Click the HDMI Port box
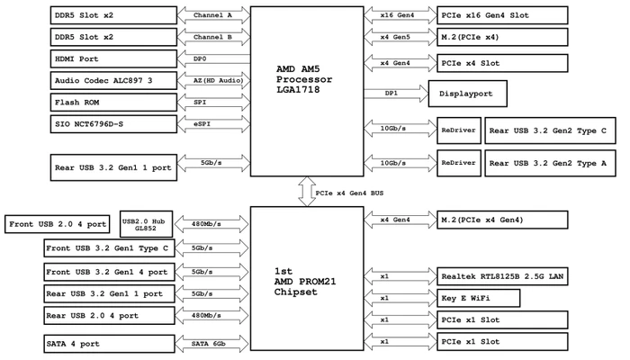point(113,58)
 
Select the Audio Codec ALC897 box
point(113,80)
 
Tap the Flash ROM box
point(113,103)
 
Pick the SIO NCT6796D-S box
point(113,124)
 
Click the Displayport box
point(468,94)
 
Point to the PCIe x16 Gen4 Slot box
point(502,15)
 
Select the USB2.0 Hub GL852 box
point(146,224)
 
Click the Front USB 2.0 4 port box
point(57,224)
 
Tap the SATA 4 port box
point(109,344)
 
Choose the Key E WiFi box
point(479,298)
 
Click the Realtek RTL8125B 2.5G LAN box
point(502,276)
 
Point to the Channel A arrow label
point(212,15)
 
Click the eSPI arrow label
point(202,124)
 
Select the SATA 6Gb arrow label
point(209,344)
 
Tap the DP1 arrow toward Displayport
point(396,94)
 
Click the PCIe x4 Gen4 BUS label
point(349,193)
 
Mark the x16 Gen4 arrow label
point(398,15)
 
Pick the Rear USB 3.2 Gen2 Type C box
point(550,130)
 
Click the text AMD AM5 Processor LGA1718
point(304,79)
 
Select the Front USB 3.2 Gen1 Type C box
point(109,248)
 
